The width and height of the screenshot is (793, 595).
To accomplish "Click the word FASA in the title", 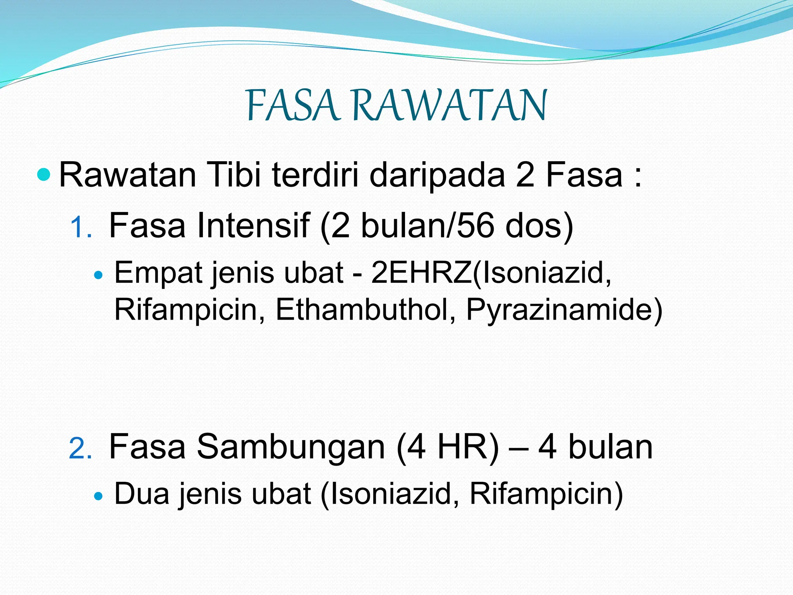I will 293,105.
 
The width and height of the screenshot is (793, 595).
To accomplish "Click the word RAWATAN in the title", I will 450,105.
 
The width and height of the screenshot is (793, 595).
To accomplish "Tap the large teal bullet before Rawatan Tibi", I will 45,175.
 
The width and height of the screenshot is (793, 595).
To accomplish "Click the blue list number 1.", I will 80,228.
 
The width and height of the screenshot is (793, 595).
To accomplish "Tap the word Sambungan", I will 290,447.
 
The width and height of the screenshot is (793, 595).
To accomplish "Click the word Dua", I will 142,494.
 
